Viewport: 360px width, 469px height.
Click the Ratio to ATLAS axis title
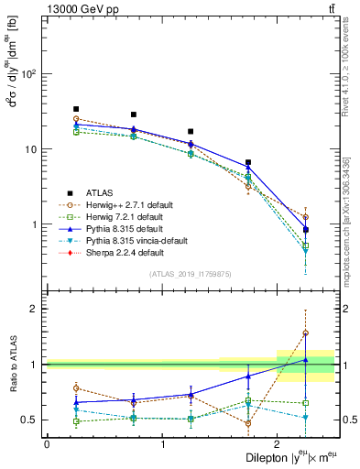[x=14, y=365]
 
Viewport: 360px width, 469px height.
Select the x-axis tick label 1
[x=162, y=444]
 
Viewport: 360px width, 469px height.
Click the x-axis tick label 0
[x=47, y=444]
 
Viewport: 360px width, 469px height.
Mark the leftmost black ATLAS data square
[x=76, y=109]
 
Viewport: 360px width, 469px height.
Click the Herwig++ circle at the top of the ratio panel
[x=305, y=333]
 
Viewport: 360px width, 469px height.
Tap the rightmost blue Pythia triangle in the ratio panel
[x=305, y=360]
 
